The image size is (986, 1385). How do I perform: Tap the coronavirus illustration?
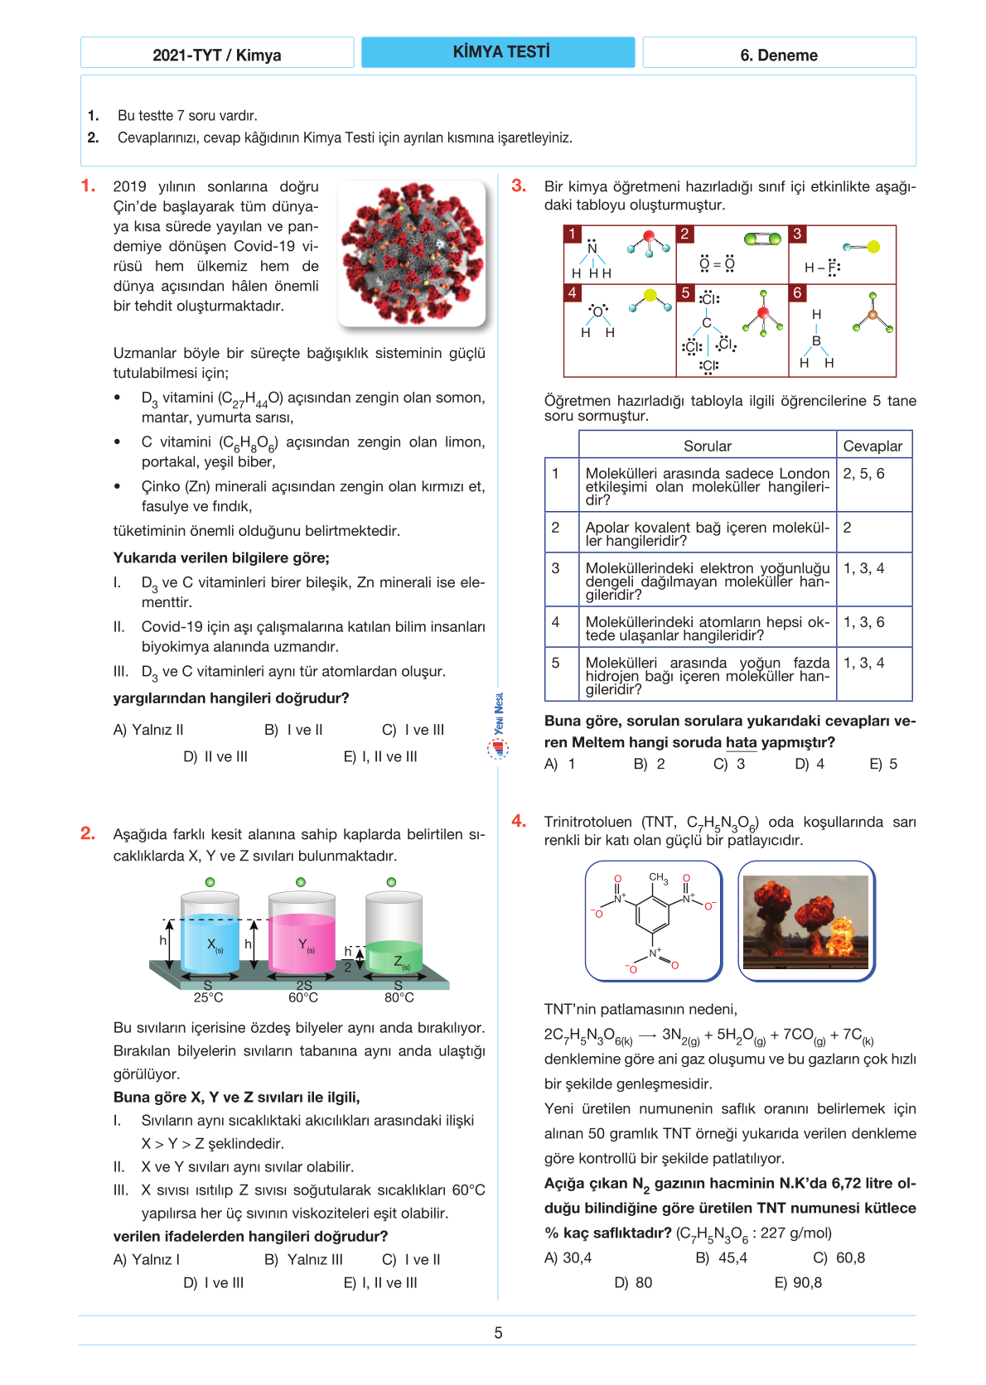click(412, 253)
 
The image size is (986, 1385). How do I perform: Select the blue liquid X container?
click(210, 934)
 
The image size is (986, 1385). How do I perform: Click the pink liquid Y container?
click(302, 934)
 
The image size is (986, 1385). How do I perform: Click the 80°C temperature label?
click(399, 997)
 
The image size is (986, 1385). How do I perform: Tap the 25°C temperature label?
click(208, 997)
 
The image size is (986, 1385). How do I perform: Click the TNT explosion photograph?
click(806, 921)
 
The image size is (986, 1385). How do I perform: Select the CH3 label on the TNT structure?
click(659, 877)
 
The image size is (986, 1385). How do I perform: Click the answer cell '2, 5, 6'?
click(863, 474)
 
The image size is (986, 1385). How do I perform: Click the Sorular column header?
click(707, 446)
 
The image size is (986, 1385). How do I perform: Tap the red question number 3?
click(519, 186)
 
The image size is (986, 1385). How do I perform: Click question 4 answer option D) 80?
click(633, 1282)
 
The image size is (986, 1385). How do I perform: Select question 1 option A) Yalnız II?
click(148, 730)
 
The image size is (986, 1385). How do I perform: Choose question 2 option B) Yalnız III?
click(303, 1259)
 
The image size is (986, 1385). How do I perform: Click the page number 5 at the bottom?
click(498, 1333)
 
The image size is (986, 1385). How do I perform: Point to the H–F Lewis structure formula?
click(822, 268)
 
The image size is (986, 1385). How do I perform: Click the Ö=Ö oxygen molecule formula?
click(717, 264)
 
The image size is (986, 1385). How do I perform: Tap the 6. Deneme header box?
click(779, 55)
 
